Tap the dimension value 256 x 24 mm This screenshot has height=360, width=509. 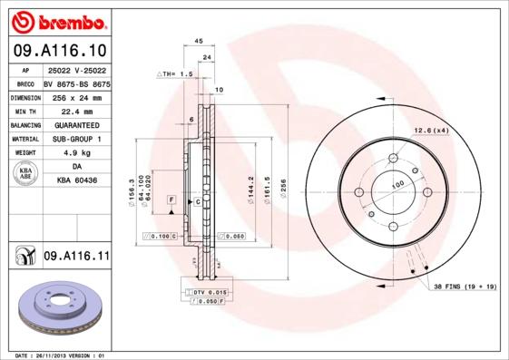[x=76, y=96]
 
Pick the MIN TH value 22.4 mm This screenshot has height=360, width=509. [x=76, y=110]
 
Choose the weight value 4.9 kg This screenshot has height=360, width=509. [x=76, y=153]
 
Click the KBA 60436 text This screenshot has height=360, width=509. [x=76, y=180]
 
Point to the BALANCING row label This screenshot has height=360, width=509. [x=25, y=124]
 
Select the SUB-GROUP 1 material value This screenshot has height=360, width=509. [x=76, y=139]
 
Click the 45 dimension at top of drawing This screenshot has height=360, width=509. [x=199, y=42]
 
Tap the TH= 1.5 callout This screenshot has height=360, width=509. [x=176, y=73]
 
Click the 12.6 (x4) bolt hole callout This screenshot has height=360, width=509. [x=431, y=131]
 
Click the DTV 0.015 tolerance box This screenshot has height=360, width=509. [x=210, y=293]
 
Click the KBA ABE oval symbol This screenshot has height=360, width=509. [x=25, y=174]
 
